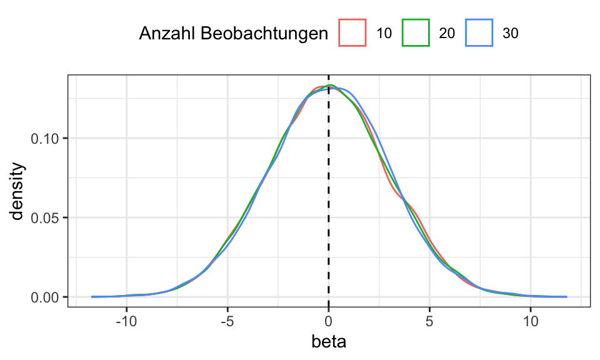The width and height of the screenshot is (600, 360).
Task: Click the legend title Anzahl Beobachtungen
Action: click(233, 33)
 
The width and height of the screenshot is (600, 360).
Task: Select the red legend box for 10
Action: click(352, 33)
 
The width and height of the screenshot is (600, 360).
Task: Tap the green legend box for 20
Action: click(416, 33)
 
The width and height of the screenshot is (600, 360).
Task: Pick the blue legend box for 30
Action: click(479, 33)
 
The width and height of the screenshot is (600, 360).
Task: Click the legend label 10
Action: click(384, 34)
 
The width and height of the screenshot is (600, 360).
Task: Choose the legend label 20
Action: click(447, 34)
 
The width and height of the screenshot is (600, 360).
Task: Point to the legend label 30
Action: click(511, 34)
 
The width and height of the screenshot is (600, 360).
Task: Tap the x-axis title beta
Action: click(329, 342)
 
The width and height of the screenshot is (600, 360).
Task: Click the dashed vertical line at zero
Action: click(329, 187)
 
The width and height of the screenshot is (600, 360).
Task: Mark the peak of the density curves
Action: click(329, 86)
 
